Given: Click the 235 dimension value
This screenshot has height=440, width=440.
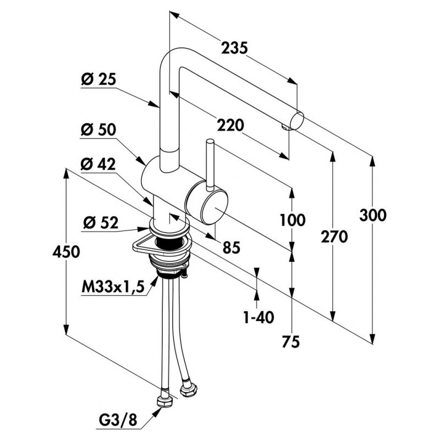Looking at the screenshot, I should pyautogui.click(x=234, y=48).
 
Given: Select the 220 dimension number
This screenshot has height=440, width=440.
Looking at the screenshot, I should pyautogui.click(x=230, y=126).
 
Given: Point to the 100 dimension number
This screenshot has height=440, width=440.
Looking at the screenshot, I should pyautogui.click(x=292, y=221).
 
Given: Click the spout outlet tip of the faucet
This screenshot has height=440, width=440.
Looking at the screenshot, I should pyautogui.click(x=299, y=119).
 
